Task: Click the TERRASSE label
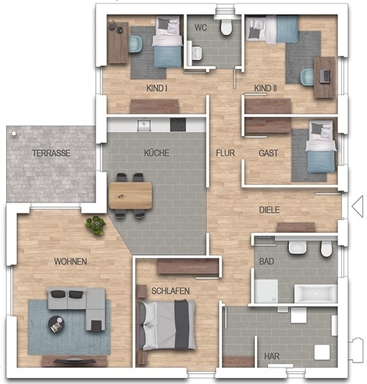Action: coord(51,153)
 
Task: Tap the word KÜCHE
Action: coord(157,153)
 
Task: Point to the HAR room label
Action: coord(272,356)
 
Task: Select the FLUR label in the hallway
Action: coord(225,153)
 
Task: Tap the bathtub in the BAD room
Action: coord(316,293)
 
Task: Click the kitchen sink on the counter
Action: coord(144,125)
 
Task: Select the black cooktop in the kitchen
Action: coord(178,125)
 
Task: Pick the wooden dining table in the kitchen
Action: coord(130,196)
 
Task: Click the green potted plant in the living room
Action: coord(95,225)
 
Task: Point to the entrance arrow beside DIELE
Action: coord(358,207)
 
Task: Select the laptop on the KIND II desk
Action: coord(325,76)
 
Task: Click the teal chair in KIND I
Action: coord(135,44)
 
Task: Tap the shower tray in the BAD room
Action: coord(266,291)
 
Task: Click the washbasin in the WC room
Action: coord(196,53)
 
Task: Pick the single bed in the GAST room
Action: coord(320,146)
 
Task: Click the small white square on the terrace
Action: coord(14,134)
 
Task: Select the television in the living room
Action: coord(74,360)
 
